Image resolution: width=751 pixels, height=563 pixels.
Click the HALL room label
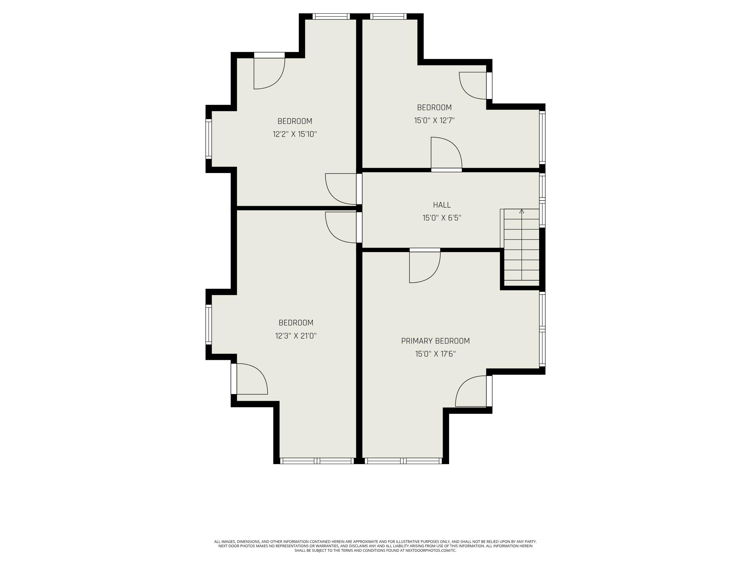pyautogui.click(x=442, y=205)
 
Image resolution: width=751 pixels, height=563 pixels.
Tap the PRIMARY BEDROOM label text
pyautogui.click(x=435, y=341)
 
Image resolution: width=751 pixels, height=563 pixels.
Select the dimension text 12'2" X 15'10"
pyautogui.click(x=295, y=134)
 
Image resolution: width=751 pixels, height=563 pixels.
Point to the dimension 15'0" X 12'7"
pyautogui.click(x=434, y=120)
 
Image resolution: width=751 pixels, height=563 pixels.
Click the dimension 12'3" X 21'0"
pyautogui.click(x=296, y=336)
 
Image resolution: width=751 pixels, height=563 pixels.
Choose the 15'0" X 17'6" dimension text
pyautogui.click(x=435, y=354)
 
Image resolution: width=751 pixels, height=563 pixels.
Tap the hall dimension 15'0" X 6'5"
pyautogui.click(x=442, y=218)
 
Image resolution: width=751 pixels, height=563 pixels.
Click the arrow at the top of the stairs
pyautogui.click(x=522, y=211)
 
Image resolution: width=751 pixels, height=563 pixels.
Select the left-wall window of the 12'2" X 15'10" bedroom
pyautogui.click(x=209, y=139)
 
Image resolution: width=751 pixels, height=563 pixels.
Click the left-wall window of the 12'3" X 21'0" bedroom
pyautogui.click(x=209, y=325)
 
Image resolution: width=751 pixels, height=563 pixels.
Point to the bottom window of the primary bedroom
pyautogui.click(x=403, y=461)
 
